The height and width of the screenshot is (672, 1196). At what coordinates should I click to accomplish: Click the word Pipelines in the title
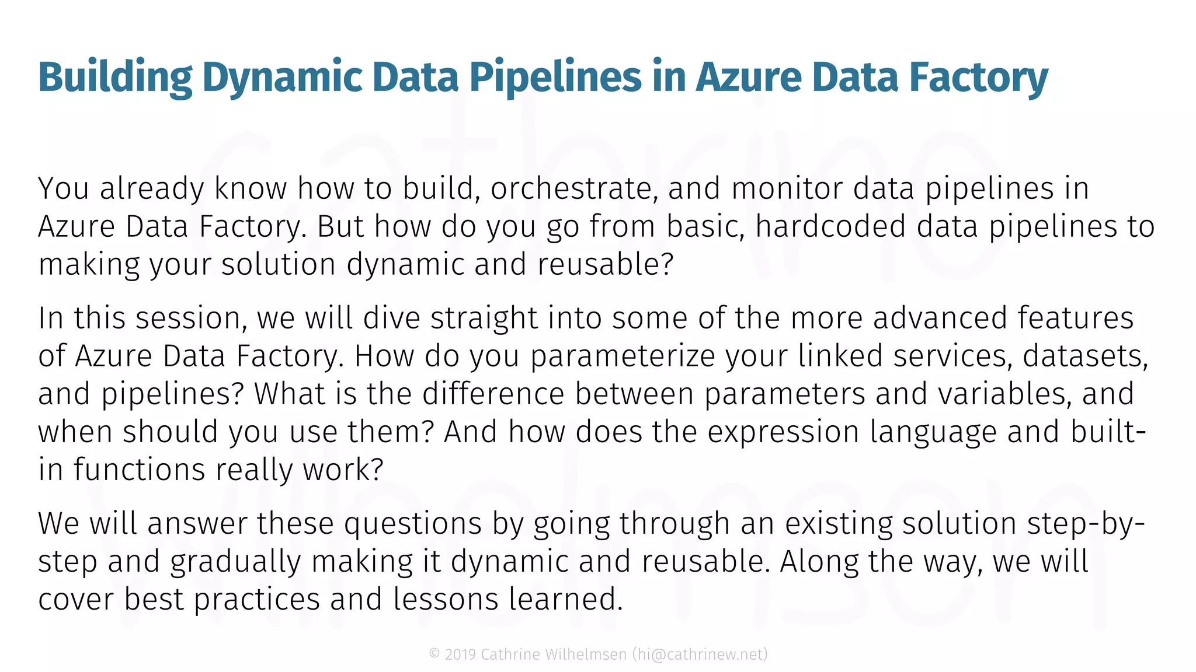555,78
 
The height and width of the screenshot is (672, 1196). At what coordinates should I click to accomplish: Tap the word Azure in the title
748,78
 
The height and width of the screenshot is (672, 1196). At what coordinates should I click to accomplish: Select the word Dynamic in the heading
283,78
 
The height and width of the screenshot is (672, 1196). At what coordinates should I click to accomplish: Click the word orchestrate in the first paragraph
570,189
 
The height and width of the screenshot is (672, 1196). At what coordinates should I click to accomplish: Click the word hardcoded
830,227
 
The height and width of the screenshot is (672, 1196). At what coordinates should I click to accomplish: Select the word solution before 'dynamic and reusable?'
278,265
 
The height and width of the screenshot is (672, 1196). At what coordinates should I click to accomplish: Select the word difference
493,394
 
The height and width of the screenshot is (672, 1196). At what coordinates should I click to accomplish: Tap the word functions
140,470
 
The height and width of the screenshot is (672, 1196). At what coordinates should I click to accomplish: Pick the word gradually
235,562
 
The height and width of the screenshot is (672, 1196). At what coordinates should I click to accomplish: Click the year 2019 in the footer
460,654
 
